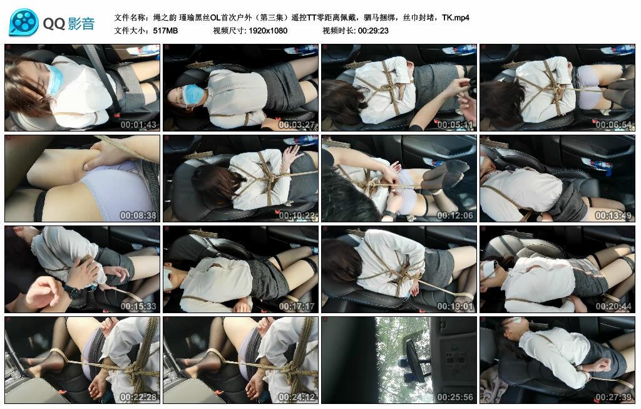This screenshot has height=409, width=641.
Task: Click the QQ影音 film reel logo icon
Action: tap(24, 23)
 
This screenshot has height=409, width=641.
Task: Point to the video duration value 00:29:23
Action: tap(373, 30)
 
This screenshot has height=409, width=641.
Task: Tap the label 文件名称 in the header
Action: tap(132, 18)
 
